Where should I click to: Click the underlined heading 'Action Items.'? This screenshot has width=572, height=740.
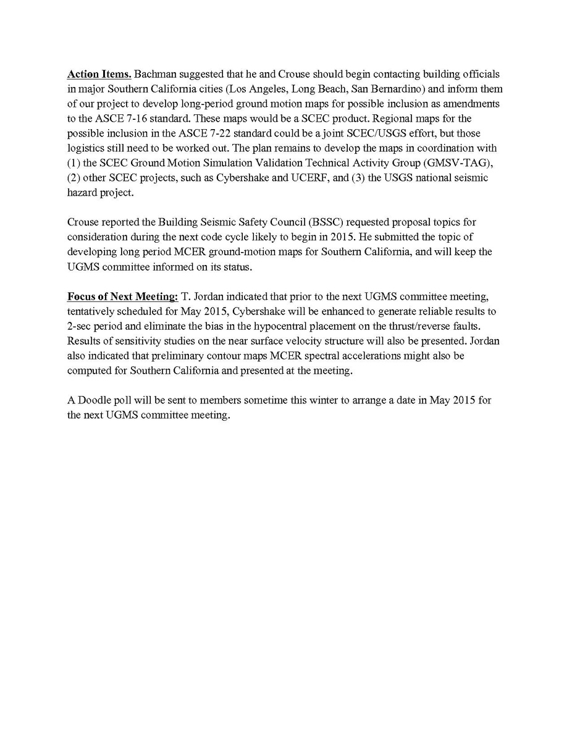click(99, 74)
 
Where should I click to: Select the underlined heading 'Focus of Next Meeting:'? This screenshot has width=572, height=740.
click(122, 296)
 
